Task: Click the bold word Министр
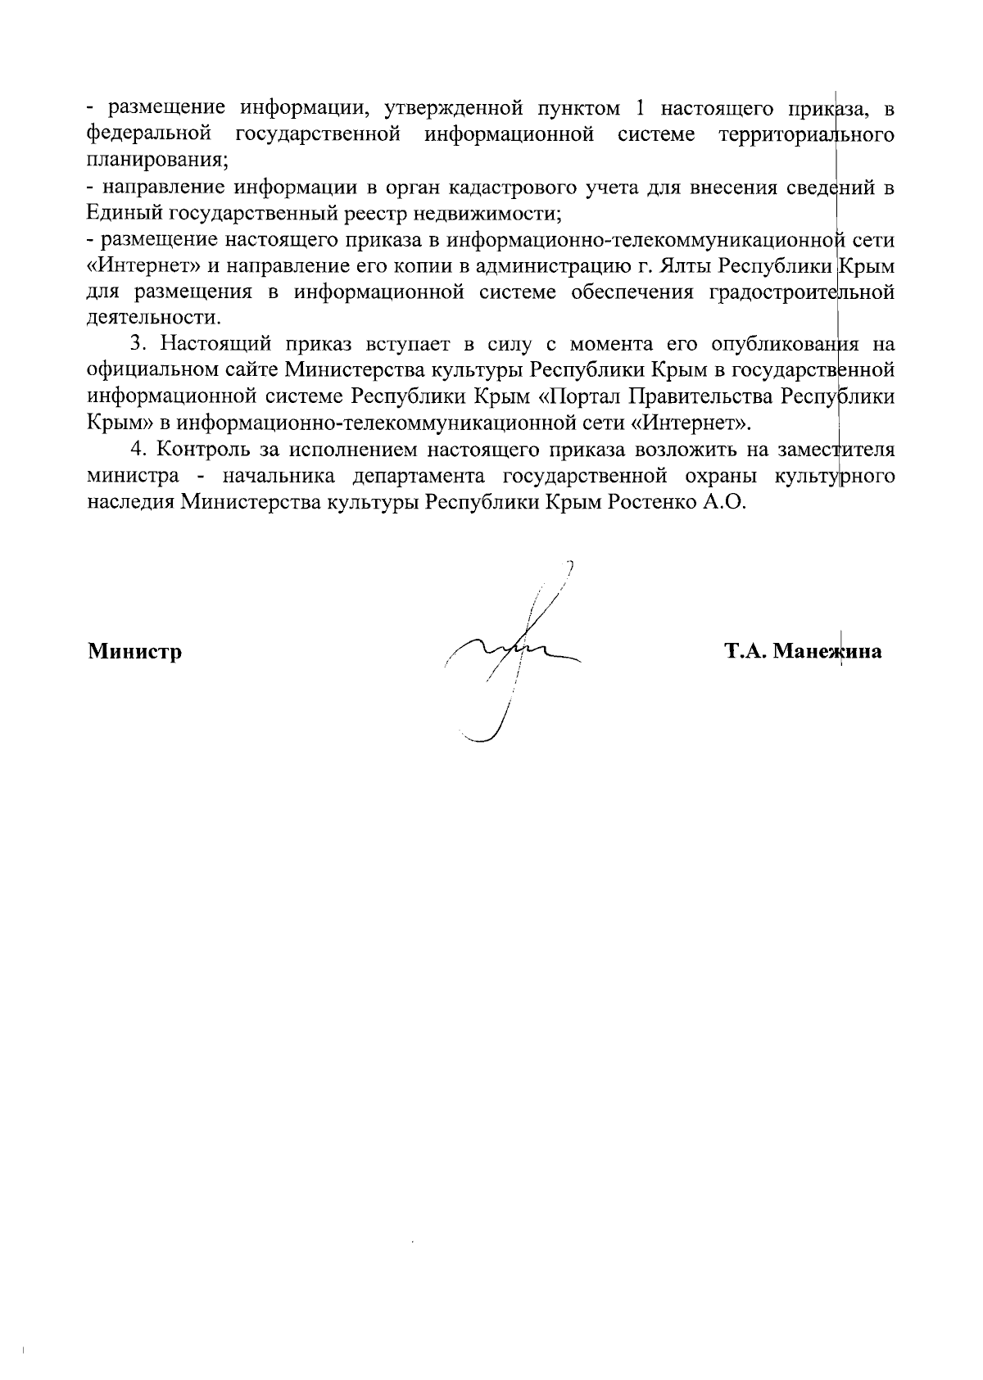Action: [x=134, y=652]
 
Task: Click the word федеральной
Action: [x=145, y=133]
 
